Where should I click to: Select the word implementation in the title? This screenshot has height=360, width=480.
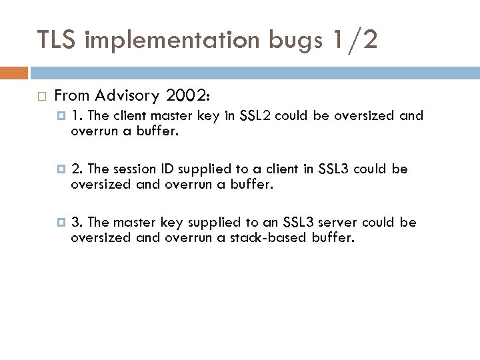pyautogui.click(x=177, y=39)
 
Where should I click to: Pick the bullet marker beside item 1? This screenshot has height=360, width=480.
pyautogui.click(x=62, y=116)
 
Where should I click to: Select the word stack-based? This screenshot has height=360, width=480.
pyautogui.click(x=272, y=236)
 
